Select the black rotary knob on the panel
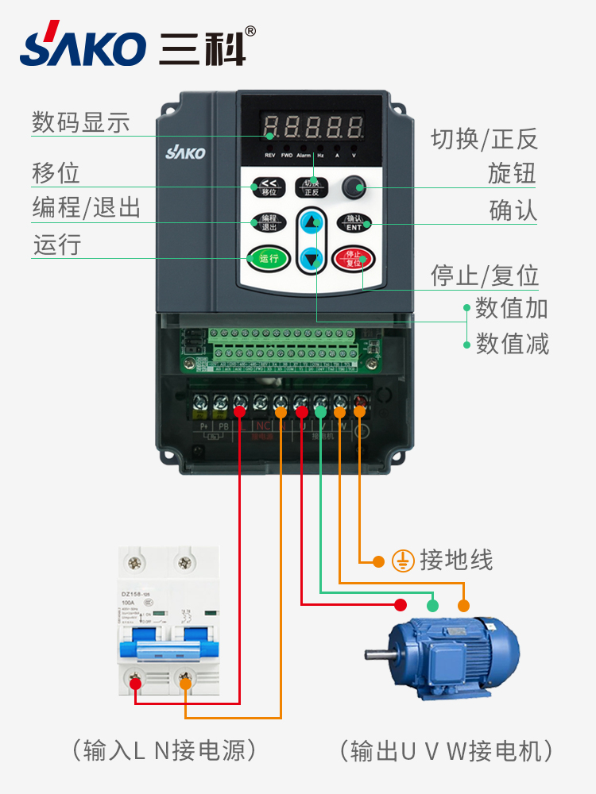[x=352, y=187]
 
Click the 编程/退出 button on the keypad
[x=268, y=222]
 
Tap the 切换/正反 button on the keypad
[x=311, y=187]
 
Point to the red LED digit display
[x=313, y=126]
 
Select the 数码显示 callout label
[x=80, y=122]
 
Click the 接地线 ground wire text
[x=456, y=560]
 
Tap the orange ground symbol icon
[x=404, y=561]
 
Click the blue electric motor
[x=449, y=656]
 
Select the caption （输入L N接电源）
[x=164, y=750]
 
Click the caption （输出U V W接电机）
[x=446, y=750]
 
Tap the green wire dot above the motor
[x=432, y=605]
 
